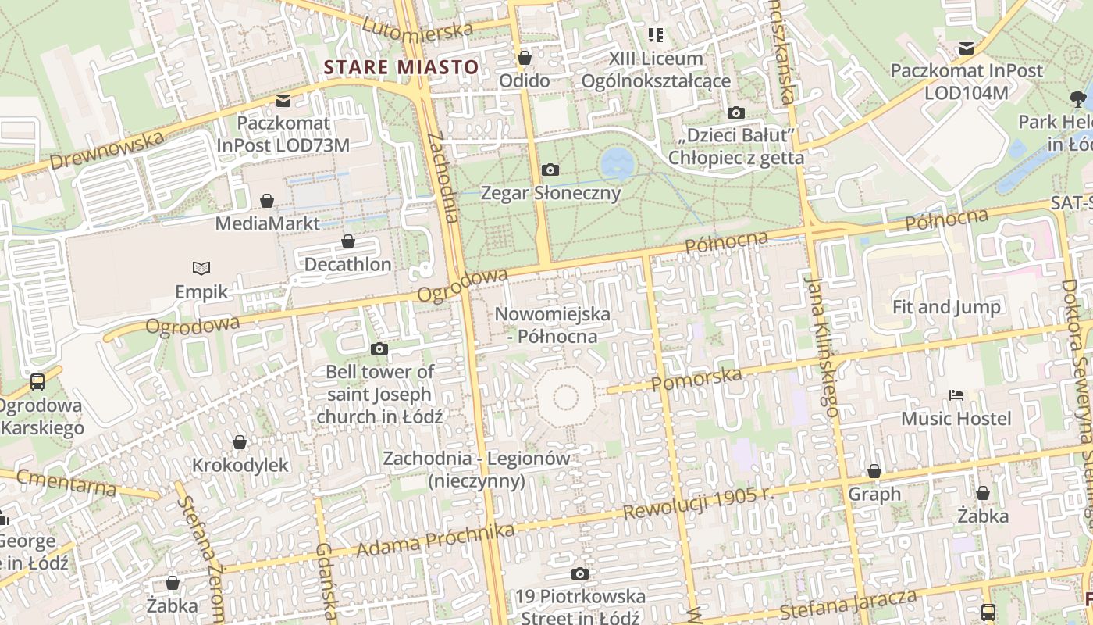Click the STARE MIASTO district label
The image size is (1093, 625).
coord(401,67)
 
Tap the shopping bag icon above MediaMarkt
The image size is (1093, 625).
coord(267,202)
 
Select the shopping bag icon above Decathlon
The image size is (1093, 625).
coord(348,241)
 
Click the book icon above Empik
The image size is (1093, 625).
coord(201,269)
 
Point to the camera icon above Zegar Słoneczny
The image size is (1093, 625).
coord(550,170)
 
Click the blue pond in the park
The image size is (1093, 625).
coord(618,164)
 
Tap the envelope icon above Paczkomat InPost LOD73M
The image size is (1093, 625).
coord(283,101)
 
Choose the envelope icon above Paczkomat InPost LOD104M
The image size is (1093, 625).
coord(967,48)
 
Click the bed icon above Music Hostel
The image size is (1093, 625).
coord(956,395)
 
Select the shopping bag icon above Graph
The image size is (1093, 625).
coord(874,472)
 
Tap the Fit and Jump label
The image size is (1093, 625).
coord(946,307)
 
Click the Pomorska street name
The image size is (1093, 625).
coord(696,380)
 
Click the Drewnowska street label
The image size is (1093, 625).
coord(107,150)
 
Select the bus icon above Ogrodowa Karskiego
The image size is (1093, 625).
coord(37,382)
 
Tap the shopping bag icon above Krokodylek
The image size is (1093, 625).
coord(240,443)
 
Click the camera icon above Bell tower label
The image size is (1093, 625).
coord(379,348)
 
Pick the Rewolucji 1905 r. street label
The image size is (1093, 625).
coord(699,503)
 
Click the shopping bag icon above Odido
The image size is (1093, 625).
coord(525,58)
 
